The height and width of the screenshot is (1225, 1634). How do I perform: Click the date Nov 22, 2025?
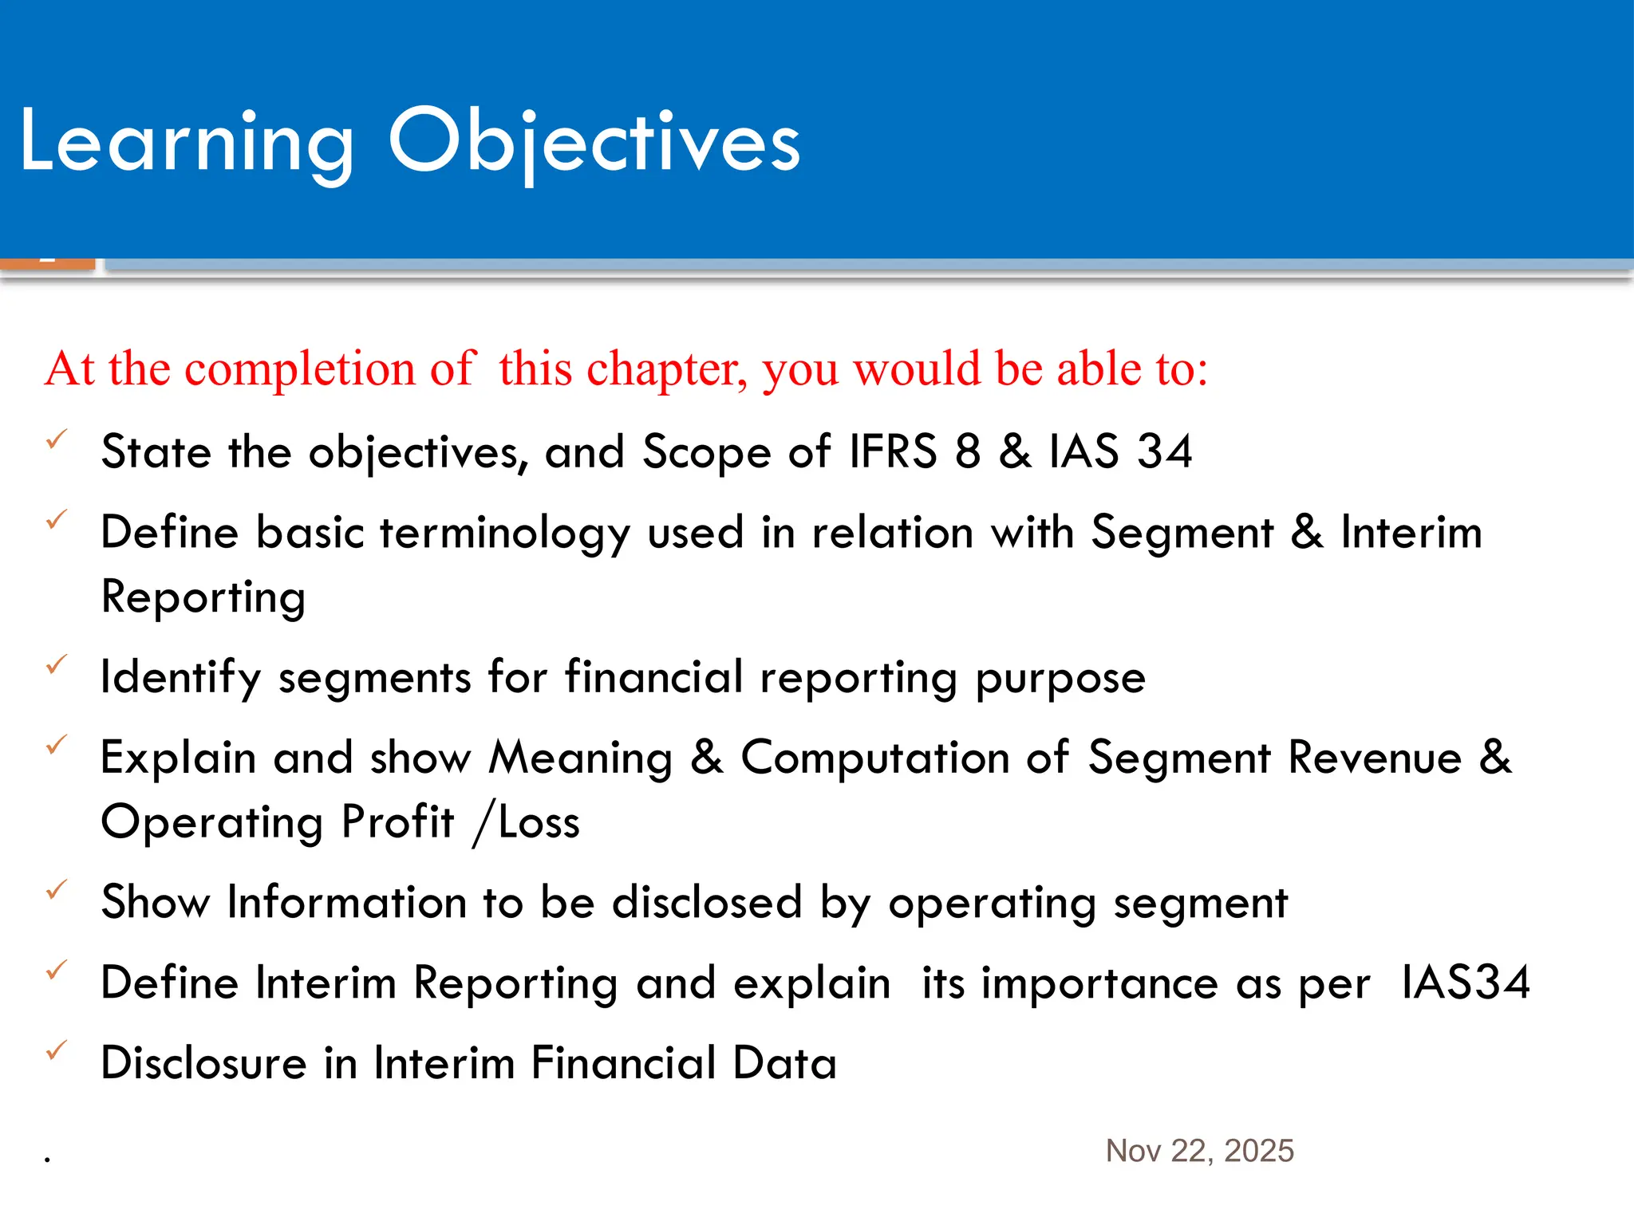pyautogui.click(x=1199, y=1151)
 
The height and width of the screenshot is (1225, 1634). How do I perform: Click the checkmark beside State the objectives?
pyautogui.click(x=57, y=439)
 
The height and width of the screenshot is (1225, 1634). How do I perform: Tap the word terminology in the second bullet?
pyautogui.click(x=505, y=533)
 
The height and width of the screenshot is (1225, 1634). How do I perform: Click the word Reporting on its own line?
pyautogui.click(x=203, y=598)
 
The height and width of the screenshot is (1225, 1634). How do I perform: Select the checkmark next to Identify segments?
pyautogui.click(x=57, y=664)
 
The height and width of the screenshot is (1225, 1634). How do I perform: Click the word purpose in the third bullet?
pyautogui.click(x=1060, y=679)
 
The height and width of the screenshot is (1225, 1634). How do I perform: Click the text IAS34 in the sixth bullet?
pyautogui.click(x=1466, y=983)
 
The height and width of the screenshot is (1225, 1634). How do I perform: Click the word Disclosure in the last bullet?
pyautogui.click(x=203, y=1063)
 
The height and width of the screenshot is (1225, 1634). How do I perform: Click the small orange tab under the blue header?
pyautogui.click(x=47, y=263)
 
